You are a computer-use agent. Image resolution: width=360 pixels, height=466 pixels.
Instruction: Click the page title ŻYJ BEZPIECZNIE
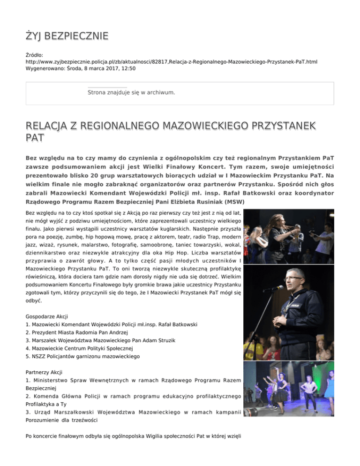click(x=67, y=36)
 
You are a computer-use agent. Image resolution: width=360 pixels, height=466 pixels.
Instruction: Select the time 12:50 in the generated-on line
click(x=127, y=68)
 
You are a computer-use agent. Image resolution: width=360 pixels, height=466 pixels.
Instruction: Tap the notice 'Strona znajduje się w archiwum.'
click(x=132, y=92)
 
